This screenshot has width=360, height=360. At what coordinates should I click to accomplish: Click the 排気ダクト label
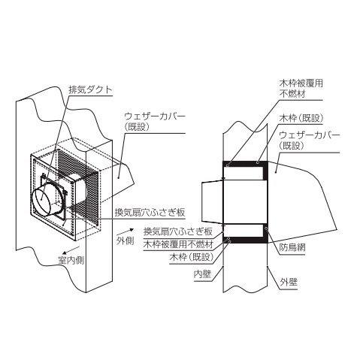click(x=91, y=89)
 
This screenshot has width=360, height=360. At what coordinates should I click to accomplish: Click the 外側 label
click(x=126, y=241)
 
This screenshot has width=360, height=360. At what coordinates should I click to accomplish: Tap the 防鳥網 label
click(x=292, y=248)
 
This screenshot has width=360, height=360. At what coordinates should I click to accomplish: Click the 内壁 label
click(x=202, y=274)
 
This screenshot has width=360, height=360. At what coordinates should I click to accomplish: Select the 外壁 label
click(x=289, y=283)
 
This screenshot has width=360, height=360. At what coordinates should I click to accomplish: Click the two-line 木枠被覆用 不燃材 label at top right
click(x=301, y=88)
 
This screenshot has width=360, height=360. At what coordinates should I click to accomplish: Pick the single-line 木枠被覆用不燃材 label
click(x=178, y=244)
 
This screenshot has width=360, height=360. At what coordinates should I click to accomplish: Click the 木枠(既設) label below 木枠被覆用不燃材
click(x=192, y=257)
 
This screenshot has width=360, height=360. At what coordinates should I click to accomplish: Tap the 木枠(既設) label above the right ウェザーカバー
click(x=301, y=118)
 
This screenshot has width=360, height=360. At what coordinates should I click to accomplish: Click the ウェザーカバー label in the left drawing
click(x=155, y=122)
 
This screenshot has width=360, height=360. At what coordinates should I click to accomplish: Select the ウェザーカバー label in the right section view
click(x=310, y=141)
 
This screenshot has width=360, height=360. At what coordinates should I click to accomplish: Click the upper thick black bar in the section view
click(x=246, y=165)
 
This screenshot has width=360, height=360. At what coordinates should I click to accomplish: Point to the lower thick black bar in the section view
click(x=246, y=240)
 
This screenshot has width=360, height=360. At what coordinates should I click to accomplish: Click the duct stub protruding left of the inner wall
click(x=213, y=201)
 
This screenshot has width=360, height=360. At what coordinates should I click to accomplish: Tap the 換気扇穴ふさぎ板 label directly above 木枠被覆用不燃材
click(x=178, y=231)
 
